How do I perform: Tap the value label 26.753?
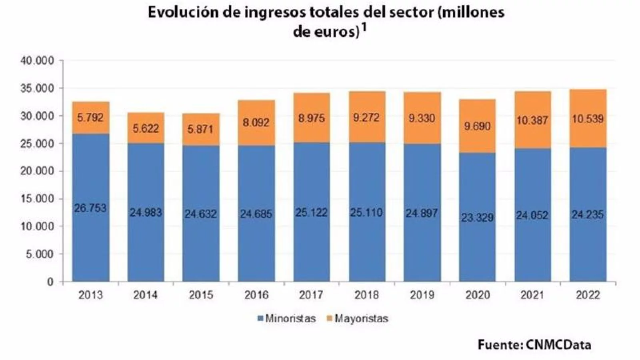coord(90,208)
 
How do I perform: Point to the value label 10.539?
coord(588,119)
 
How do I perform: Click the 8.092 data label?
coord(256,122)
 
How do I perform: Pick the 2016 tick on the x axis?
coord(256,295)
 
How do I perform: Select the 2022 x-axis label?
coord(588,295)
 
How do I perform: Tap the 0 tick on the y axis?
coord(50,282)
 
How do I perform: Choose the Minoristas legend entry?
coord(286,319)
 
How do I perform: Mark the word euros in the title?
coord(336,32)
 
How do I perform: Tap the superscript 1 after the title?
coord(364,29)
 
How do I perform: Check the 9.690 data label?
coord(477,126)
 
